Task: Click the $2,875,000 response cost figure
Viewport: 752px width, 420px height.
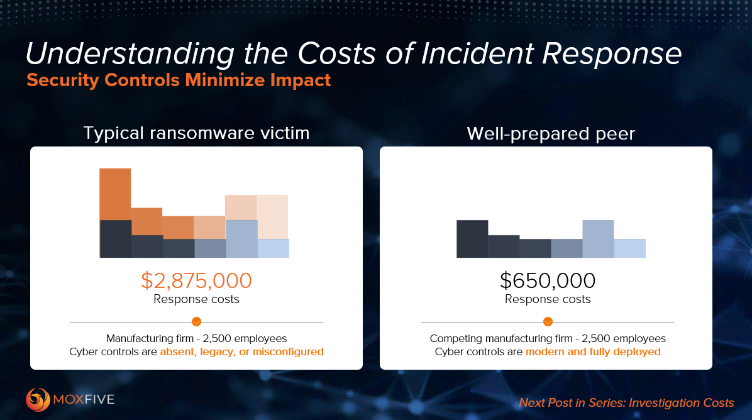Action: click(196, 280)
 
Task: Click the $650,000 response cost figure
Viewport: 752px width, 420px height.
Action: click(548, 280)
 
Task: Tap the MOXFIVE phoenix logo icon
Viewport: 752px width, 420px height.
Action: click(37, 399)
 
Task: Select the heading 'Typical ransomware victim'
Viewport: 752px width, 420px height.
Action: click(196, 133)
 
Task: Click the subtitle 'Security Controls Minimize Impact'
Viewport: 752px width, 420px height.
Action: click(178, 80)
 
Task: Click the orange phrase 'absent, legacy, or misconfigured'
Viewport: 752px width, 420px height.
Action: click(241, 352)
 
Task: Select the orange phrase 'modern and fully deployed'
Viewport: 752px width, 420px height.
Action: click(593, 352)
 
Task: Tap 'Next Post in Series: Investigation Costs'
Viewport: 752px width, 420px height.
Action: click(626, 402)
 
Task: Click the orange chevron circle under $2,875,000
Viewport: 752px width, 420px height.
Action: click(196, 322)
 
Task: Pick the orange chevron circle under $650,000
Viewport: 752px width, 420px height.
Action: click(548, 322)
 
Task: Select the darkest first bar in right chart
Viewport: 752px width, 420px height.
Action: click(472, 238)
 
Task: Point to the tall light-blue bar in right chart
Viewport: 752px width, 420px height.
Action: click(598, 238)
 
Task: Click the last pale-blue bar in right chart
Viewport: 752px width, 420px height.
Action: click(629, 248)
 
